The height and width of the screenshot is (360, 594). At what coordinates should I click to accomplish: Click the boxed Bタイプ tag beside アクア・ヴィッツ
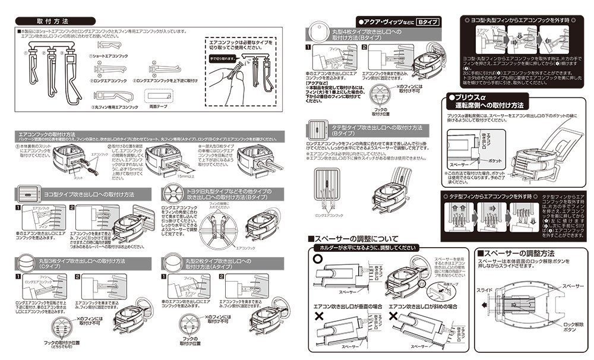tap(426, 21)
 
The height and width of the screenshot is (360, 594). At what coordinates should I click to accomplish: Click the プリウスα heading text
tap(469, 97)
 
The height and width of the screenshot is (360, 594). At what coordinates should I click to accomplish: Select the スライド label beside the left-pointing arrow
tap(485, 289)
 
